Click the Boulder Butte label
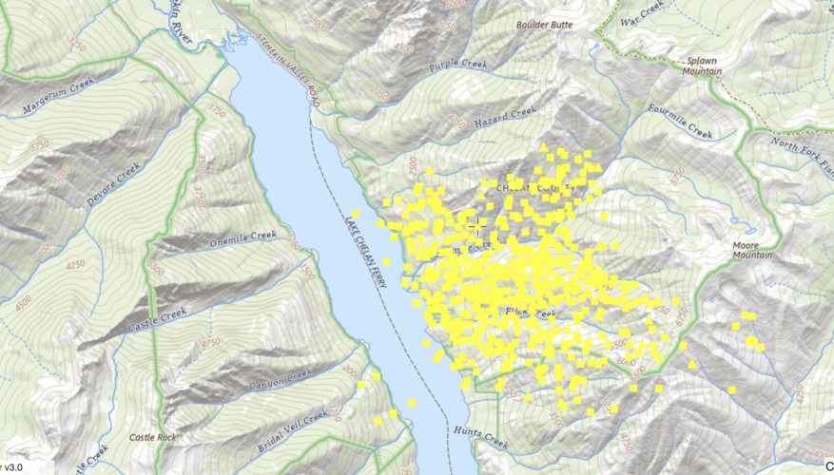544,25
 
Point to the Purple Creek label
457,66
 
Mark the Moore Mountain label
751,248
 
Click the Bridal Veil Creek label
294,429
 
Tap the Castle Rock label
153,437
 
